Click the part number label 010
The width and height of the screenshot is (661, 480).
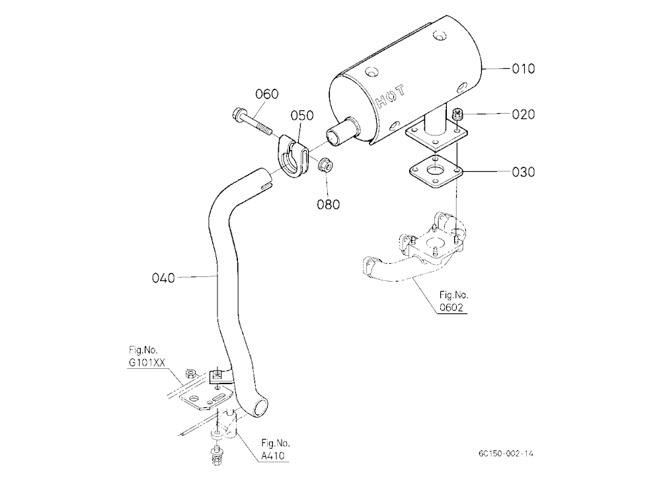coord(523,69)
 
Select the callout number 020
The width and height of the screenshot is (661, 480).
coord(523,114)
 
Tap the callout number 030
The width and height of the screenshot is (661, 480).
coord(523,172)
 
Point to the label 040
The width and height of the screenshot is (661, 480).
coord(163,278)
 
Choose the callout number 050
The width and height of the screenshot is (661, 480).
coord(302,115)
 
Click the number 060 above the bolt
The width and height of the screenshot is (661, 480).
coord(267,94)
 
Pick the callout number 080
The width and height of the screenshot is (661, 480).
coord(329,204)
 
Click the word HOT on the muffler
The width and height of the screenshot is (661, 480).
coord(391,97)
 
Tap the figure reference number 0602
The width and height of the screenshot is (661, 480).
coord(451,307)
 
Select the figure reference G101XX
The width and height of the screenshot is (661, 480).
coord(147,362)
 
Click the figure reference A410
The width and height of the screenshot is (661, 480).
coord(273,456)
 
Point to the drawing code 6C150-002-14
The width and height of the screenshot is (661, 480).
coord(506,454)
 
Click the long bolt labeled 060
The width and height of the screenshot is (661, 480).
coord(252,122)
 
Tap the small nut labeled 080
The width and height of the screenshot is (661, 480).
coord(325,163)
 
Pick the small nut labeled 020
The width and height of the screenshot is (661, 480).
coord(457,114)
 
